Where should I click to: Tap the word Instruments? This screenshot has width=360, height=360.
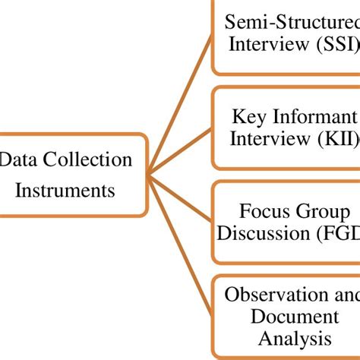tap(65, 189)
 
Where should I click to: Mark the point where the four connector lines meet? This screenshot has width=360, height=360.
tap(149, 176)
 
